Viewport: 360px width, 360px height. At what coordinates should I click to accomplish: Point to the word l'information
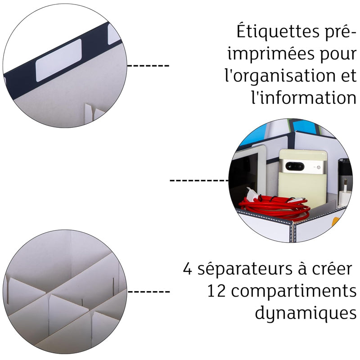[x=301, y=96]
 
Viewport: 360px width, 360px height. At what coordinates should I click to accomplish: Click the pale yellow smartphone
[x=301, y=175]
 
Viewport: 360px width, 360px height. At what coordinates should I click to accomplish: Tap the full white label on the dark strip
[x=58, y=60]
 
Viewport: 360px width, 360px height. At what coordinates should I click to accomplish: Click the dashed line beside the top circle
[x=148, y=66]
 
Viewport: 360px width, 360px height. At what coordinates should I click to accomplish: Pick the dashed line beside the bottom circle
[x=148, y=292]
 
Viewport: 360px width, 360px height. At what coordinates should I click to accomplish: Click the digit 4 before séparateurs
[x=188, y=270]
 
